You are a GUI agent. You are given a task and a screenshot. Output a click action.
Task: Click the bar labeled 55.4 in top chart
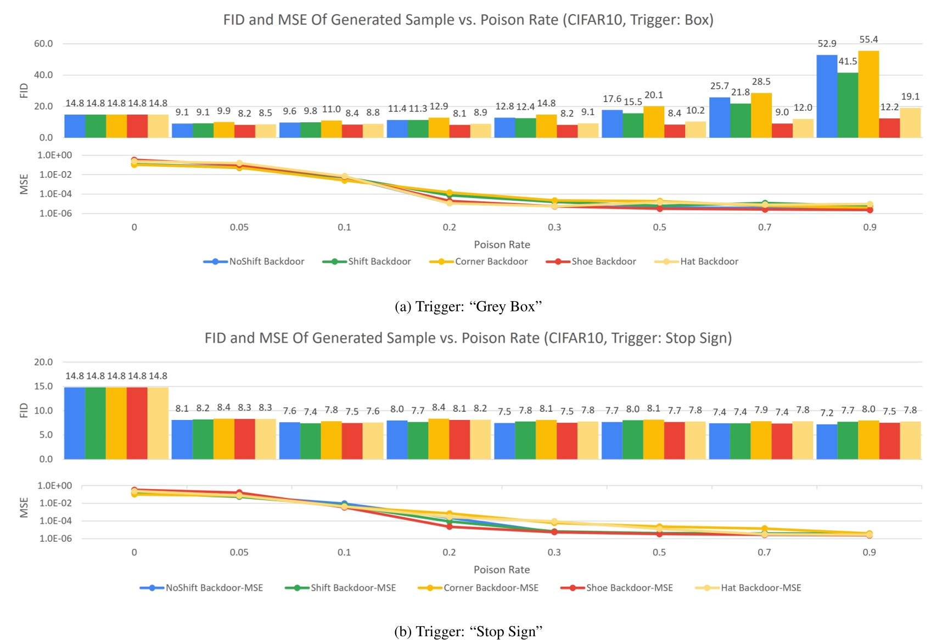868,94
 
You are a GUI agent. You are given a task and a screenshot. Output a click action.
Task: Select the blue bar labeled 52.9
827,97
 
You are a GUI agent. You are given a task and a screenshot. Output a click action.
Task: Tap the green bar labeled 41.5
848,105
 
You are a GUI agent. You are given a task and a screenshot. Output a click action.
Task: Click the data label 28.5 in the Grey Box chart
761,82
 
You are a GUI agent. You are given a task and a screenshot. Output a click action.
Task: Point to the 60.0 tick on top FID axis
43,43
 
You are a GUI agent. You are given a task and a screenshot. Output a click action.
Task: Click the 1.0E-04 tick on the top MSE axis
54,194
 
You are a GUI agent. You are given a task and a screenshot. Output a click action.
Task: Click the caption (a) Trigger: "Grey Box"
468,307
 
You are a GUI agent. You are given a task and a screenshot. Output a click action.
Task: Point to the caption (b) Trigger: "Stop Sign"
468,631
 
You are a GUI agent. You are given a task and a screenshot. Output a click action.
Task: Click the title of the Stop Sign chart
468,338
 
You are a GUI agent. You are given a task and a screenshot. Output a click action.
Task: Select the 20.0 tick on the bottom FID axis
43,362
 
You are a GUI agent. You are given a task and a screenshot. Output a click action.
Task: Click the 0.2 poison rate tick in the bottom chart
449,552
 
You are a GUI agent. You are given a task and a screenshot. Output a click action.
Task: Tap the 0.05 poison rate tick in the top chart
239,228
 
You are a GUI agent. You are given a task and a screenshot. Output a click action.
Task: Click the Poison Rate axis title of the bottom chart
502,570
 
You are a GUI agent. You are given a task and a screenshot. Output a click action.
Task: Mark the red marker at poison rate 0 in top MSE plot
134,160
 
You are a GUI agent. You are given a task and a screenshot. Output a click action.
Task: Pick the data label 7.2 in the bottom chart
827,412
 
